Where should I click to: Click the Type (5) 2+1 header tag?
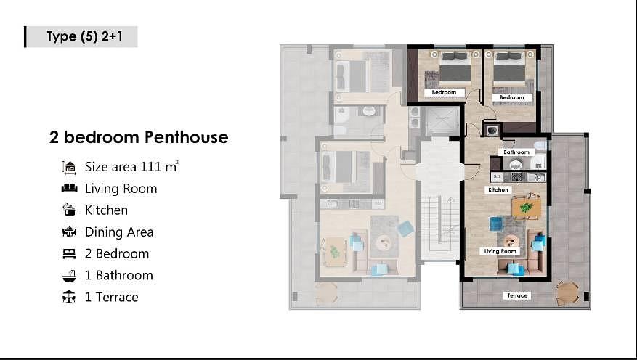[x=81, y=36]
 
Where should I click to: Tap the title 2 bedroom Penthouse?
[x=139, y=137]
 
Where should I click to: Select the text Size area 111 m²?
[x=131, y=167]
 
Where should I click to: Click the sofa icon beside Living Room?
[x=69, y=188]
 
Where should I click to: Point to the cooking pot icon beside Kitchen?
[x=69, y=210]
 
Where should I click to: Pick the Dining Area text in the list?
[x=119, y=232]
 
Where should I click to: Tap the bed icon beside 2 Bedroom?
[x=69, y=253]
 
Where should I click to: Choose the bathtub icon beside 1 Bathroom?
[x=69, y=276]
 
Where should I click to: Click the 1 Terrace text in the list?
[x=111, y=297]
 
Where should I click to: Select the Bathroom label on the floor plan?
[x=516, y=152]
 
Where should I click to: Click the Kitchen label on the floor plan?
[x=498, y=189]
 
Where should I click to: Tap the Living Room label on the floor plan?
[x=500, y=251]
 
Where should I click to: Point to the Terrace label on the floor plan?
[x=517, y=295]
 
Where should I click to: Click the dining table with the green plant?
[x=527, y=208]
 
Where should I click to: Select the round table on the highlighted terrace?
[x=567, y=292]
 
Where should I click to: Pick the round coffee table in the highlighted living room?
[x=511, y=241]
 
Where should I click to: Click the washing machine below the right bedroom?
[x=492, y=131]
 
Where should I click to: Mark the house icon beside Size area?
[x=69, y=167]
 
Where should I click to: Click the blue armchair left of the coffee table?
[x=496, y=224]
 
